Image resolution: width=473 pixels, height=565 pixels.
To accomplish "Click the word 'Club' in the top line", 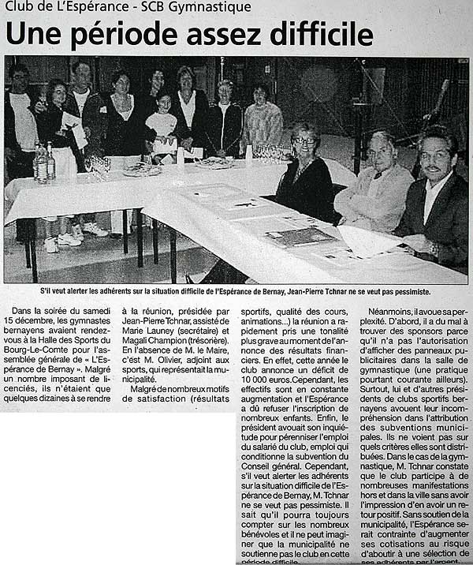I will pyautogui.click(x=21, y=7).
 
